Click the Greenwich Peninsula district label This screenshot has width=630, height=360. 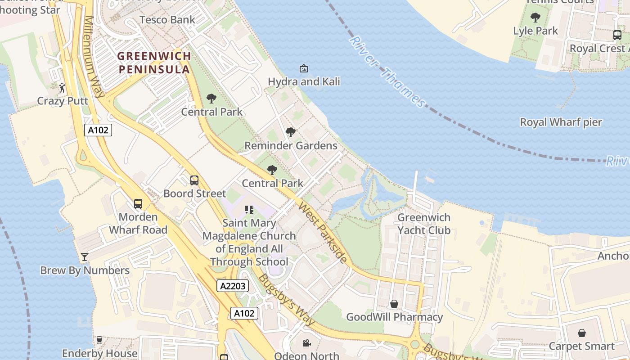154,63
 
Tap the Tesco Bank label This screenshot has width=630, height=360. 167,20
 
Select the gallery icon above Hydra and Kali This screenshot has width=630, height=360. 304,69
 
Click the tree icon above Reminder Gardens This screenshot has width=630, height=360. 291,132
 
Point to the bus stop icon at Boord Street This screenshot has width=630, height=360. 194,180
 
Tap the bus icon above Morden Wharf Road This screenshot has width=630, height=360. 138,204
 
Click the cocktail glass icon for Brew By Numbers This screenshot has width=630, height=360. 84,257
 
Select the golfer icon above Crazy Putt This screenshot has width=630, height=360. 63,88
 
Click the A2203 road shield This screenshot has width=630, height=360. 233,286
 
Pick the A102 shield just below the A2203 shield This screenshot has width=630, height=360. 245,313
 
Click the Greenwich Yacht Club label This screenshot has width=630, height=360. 423,224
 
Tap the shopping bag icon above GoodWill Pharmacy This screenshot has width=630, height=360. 394,304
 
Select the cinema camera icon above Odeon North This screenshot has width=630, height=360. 306,343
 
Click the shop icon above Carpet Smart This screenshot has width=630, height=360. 581,333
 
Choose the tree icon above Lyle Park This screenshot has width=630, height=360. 535,18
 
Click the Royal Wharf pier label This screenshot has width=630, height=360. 561,122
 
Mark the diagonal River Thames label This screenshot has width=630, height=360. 387,72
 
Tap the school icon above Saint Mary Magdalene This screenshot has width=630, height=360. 249,210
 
